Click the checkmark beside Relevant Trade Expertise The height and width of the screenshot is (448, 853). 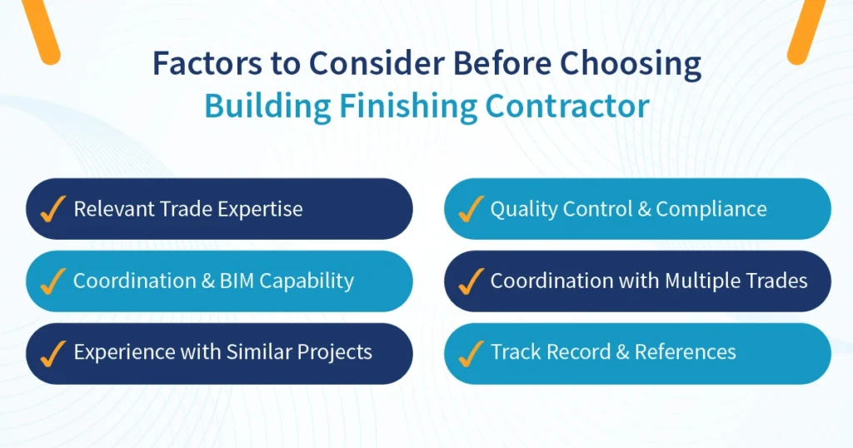[x=53, y=209]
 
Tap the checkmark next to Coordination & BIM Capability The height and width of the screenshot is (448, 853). [x=53, y=281]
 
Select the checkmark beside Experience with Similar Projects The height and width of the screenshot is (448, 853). [x=53, y=353]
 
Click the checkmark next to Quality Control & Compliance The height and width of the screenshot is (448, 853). [x=471, y=209]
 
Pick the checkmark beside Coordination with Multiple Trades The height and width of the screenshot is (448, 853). [x=471, y=281]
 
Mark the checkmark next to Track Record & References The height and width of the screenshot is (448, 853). [x=471, y=353]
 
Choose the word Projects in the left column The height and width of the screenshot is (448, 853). [x=333, y=352]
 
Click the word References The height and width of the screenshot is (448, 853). [x=685, y=352]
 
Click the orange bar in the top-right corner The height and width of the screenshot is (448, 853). [x=806, y=29]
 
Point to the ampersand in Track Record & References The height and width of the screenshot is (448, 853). [x=621, y=352]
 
